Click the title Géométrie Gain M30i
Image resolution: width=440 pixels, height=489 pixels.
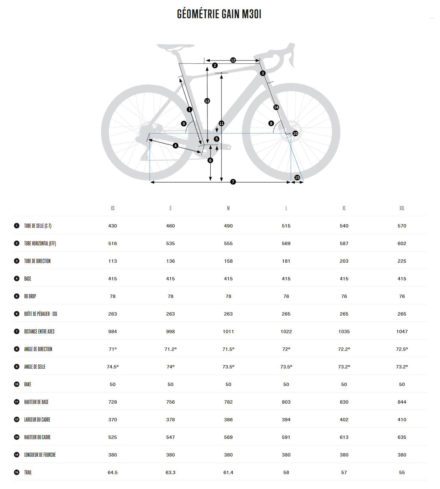pyautogui.click(x=219, y=14)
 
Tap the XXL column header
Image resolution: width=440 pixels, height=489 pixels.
pyautogui.click(x=402, y=208)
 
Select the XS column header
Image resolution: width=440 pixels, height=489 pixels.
pyautogui.click(x=113, y=208)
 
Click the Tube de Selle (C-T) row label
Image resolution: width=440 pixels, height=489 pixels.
pyautogui.click(x=38, y=226)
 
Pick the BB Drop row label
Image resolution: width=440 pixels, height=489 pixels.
pyautogui.click(x=30, y=296)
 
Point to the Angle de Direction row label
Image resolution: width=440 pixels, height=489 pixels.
pyautogui.click(x=38, y=349)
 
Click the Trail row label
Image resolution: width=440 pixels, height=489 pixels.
pyautogui.click(x=28, y=472)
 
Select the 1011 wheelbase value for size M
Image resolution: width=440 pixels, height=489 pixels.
pyautogui.click(x=228, y=331)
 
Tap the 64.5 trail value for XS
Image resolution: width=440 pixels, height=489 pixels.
pyautogui.click(x=113, y=472)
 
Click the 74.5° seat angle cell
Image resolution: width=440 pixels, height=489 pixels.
pyautogui.click(x=113, y=367)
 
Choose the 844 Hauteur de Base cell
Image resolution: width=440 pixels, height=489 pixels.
pyautogui.click(x=402, y=402)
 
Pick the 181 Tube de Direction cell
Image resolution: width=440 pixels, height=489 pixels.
pyautogui.click(x=286, y=261)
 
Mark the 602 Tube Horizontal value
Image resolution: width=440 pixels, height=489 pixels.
pyautogui.click(x=402, y=243)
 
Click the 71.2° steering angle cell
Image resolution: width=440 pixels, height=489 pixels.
pyautogui.click(x=171, y=349)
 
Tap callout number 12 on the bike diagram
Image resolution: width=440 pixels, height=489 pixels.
pyautogui.click(x=233, y=60)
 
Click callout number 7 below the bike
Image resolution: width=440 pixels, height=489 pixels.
pyautogui.click(x=233, y=182)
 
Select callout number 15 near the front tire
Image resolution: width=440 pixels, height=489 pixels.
pyautogui.click(x=297, y=177)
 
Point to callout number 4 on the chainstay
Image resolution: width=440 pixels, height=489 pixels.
pyautogui.click(x=175, y=145)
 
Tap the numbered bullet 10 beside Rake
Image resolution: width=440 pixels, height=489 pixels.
pyautogui.click(x=17, y=384)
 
